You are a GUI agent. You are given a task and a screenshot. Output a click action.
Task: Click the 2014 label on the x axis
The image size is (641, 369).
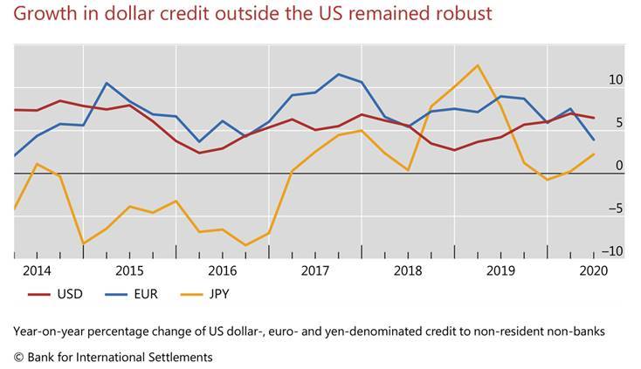[37, 270]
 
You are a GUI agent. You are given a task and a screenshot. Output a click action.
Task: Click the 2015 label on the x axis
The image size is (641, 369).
[129, 270]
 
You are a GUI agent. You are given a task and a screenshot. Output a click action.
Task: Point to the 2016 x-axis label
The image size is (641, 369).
[222, 270]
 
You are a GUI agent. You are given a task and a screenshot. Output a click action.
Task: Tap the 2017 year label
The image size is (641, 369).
[314, 270]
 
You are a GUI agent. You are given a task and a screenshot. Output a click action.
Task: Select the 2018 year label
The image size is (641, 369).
[408, 270]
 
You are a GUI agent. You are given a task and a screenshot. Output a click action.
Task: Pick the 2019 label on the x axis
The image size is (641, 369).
[500, 270]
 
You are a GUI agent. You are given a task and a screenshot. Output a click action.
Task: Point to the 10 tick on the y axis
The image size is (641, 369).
[616, 80]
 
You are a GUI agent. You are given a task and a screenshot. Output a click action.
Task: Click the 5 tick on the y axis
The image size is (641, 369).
[619, 123]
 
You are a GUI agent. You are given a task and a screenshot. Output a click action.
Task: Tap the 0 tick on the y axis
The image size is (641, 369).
[619, 166]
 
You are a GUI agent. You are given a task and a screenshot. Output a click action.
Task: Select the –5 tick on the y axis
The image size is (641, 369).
[615, 208]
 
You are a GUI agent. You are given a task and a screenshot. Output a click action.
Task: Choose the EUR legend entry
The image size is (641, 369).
[146, 294]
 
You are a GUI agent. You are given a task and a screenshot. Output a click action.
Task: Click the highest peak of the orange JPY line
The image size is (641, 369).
[478, 65]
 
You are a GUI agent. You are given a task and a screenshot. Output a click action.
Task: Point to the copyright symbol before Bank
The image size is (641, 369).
[18, 358]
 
